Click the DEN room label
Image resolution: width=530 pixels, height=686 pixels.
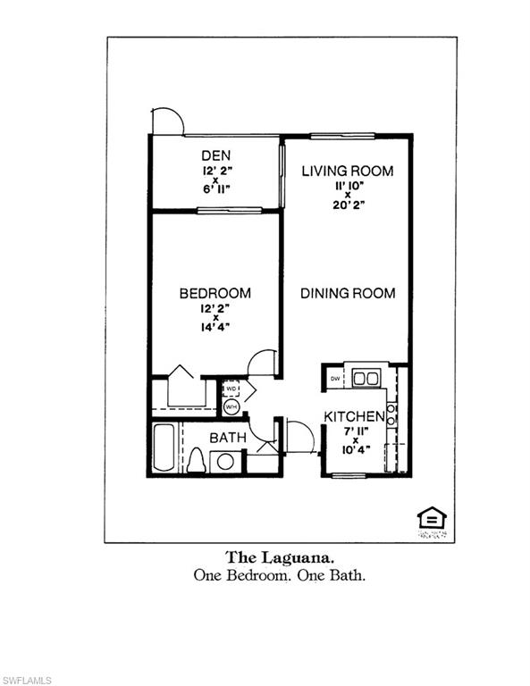215,155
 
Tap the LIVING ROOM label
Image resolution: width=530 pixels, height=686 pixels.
347,171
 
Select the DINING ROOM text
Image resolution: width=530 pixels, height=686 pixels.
347,293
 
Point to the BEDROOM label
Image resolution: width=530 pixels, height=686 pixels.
215,293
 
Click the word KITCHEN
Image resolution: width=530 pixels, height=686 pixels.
354,417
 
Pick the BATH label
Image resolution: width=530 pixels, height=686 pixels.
227,438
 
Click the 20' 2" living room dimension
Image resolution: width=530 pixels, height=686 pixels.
348,205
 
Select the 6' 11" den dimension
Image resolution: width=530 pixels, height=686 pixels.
215,188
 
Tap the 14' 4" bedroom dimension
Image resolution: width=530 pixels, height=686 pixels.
215,326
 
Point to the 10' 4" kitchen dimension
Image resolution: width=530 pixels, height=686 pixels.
355,451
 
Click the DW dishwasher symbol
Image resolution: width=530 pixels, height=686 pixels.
335,379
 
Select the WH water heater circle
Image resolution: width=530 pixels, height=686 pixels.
231,406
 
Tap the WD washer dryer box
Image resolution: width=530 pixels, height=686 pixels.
231,389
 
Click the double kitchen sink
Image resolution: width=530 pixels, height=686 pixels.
366,378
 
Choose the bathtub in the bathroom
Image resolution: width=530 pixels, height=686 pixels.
164,448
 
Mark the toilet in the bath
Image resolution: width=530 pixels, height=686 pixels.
197,460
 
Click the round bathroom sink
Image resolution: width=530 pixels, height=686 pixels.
226,462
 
